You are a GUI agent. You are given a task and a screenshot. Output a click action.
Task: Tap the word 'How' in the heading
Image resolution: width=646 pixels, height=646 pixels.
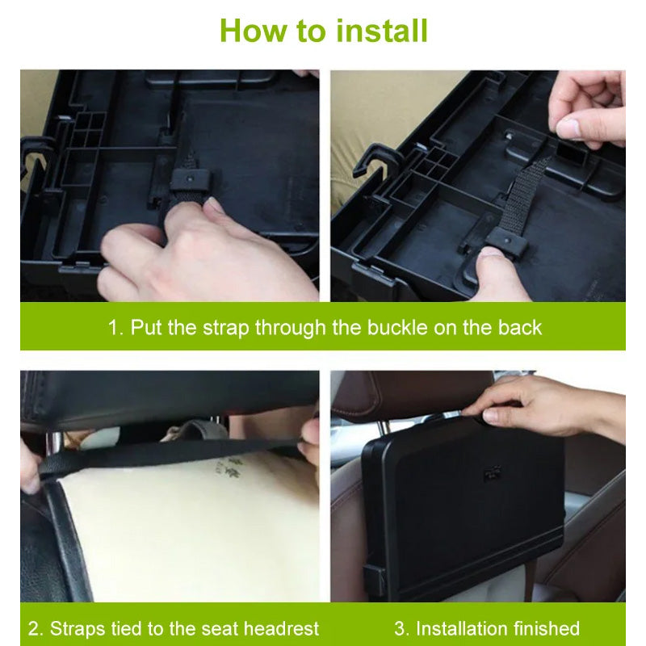coord(251,31)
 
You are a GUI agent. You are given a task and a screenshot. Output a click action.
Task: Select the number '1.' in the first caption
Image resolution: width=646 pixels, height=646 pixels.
coord(115,327)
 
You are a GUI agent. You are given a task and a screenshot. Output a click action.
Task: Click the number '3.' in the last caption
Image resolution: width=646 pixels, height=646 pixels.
coord(401,628)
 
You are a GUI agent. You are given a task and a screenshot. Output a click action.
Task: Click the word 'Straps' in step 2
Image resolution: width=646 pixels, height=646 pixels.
coord(78,628)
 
